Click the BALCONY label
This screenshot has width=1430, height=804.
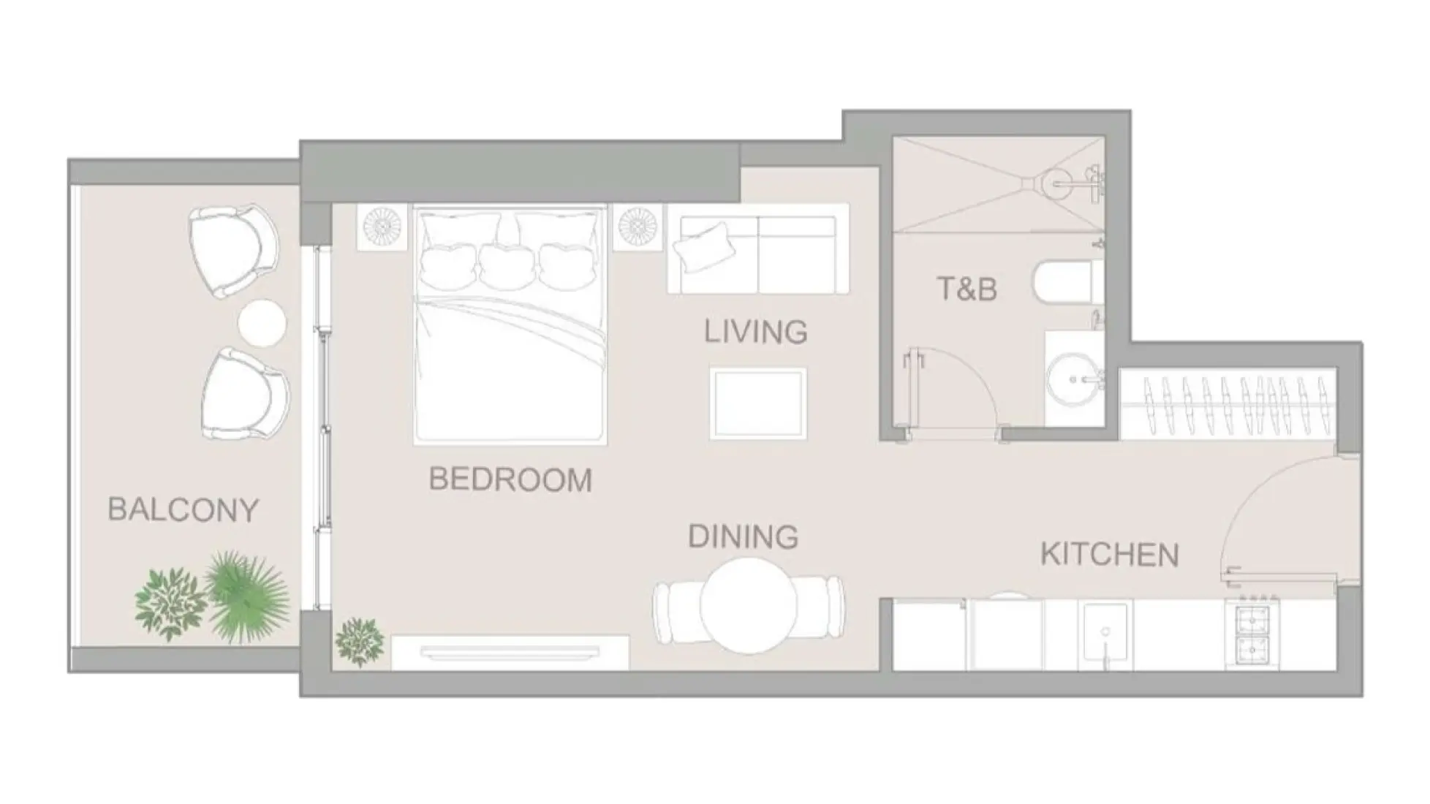click(x=183, y=509)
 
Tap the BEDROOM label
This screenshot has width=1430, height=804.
click(x=510, y=479)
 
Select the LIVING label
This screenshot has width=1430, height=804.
click(x=755, y=332)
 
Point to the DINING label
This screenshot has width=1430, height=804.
click(x=743, y=537)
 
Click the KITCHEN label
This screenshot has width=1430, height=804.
click(x=1109, y=555)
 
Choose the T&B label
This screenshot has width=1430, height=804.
click(x=966, y=289)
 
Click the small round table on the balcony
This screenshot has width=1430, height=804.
click(x=262, y=322)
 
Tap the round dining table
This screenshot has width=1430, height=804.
click(x=748, y=605)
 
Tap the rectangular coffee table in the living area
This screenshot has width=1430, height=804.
click(x=757, y=403)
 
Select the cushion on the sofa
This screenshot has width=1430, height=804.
click(x=703, y=246)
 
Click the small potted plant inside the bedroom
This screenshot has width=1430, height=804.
click(x=360, y=641)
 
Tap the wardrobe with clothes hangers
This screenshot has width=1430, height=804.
click(x=1228, y=404)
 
